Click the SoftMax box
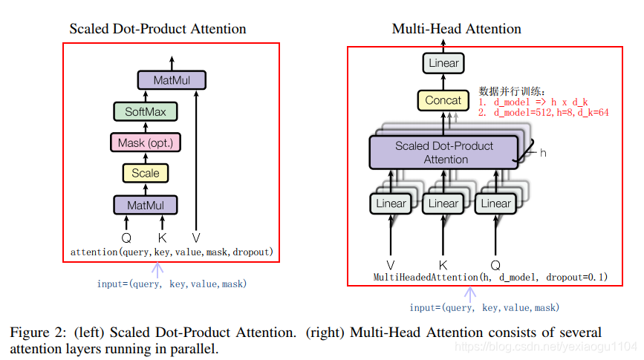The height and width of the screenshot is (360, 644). [x=146, y=112]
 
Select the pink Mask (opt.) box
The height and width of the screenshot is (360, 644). [x=146, y=143]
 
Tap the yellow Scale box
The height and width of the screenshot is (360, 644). [x=146, y=173]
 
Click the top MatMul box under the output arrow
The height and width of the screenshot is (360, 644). [x=172, y=80]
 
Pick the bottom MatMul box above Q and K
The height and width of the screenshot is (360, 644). [x=146, y=204]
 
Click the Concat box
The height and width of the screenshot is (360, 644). [x=443, y=100]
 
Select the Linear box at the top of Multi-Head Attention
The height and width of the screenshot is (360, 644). [x=443, y=63]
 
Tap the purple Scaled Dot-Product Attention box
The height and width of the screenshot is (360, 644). [x=443, y=152]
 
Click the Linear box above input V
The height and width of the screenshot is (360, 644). [x=391, y=203]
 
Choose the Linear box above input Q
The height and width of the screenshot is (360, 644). [x=496, y=203]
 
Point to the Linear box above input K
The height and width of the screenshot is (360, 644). [x=443, y=203]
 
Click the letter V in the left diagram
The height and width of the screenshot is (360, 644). [x=196, y=238]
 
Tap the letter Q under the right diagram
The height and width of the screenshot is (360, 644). [x=496, y=264]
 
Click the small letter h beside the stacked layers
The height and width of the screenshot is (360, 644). [x=543, y=153]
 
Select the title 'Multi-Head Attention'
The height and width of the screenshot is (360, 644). [x=456, y=29]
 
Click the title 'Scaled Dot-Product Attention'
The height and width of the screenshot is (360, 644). [x=157, y=29]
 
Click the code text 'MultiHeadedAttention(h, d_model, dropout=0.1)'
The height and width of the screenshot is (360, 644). [x=490, y=278]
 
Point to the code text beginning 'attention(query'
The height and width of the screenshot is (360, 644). [x=172, y=252]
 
